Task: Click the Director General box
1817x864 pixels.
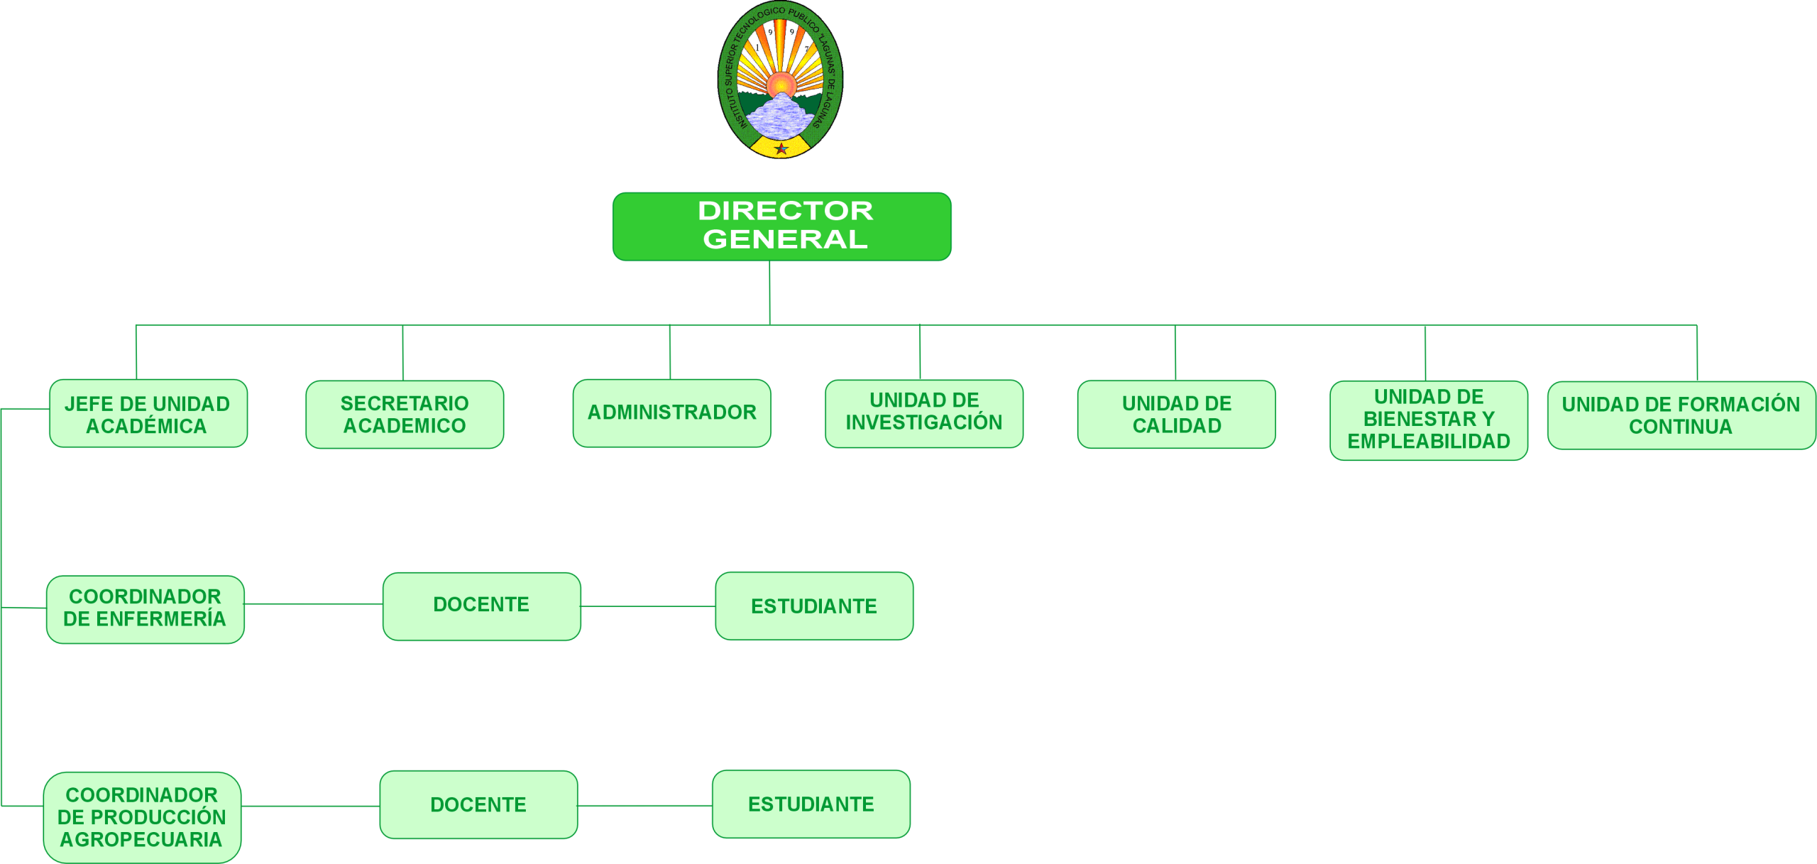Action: click(781, 226)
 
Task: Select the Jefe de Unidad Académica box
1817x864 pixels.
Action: click(148, 414)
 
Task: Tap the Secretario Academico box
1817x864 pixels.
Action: click(405, 415)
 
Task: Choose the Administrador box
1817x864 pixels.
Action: click(671, 413)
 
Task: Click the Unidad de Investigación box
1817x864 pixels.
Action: click(923, 413)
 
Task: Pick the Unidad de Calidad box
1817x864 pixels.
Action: click(1176, 415)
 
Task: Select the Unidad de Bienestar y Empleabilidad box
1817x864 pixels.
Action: click(1428, 420)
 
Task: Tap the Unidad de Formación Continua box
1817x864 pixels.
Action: click(1681, 415)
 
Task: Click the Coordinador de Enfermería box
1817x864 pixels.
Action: click(145, 609)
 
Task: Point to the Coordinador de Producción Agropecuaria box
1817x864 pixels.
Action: click(142, 817)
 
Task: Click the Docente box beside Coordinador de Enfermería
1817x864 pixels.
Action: click(481, 606)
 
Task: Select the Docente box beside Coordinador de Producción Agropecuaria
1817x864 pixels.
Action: click(478, 804)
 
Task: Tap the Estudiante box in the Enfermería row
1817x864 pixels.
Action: click(813, 606)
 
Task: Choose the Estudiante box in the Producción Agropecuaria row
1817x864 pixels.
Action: click(811, 804)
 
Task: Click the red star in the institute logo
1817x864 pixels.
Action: click(781, 148)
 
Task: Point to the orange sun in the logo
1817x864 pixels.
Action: click(781, 84)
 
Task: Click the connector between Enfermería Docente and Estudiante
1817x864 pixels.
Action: click(647, 606)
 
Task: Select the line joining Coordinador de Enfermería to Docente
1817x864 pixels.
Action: click(313, 604)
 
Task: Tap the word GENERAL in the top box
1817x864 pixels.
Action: click(785, 240)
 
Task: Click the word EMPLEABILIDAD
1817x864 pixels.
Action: click(1428, 442)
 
